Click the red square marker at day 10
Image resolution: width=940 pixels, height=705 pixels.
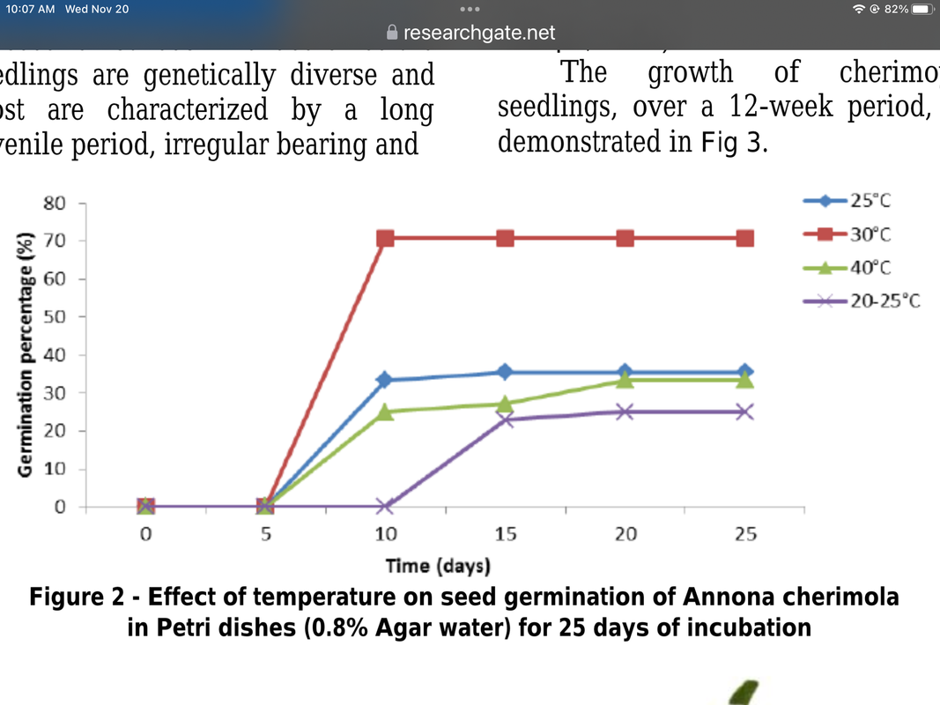tap(385, 238)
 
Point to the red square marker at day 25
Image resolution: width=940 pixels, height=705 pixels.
tap(745, 238)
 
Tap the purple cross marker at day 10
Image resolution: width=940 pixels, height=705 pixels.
tap(385, 507)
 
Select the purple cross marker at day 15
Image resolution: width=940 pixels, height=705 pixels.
tap(505, 419)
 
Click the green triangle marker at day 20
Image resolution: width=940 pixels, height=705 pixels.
tap(625, 379)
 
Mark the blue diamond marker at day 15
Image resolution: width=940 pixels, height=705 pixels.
tap(505, 372)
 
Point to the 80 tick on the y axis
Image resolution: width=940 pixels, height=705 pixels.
tap(55, 203)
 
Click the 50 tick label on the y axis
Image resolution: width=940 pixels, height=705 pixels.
tap(55, 317)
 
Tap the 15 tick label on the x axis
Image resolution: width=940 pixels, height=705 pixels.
tap(505, 534)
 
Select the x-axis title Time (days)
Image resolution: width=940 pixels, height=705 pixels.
tap(438, 565)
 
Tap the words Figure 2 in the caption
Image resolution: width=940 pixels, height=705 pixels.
tap(77, 597)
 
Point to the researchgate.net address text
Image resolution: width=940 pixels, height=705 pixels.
tap(479, 33)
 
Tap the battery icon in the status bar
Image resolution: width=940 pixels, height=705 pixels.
tap(921, 9)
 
